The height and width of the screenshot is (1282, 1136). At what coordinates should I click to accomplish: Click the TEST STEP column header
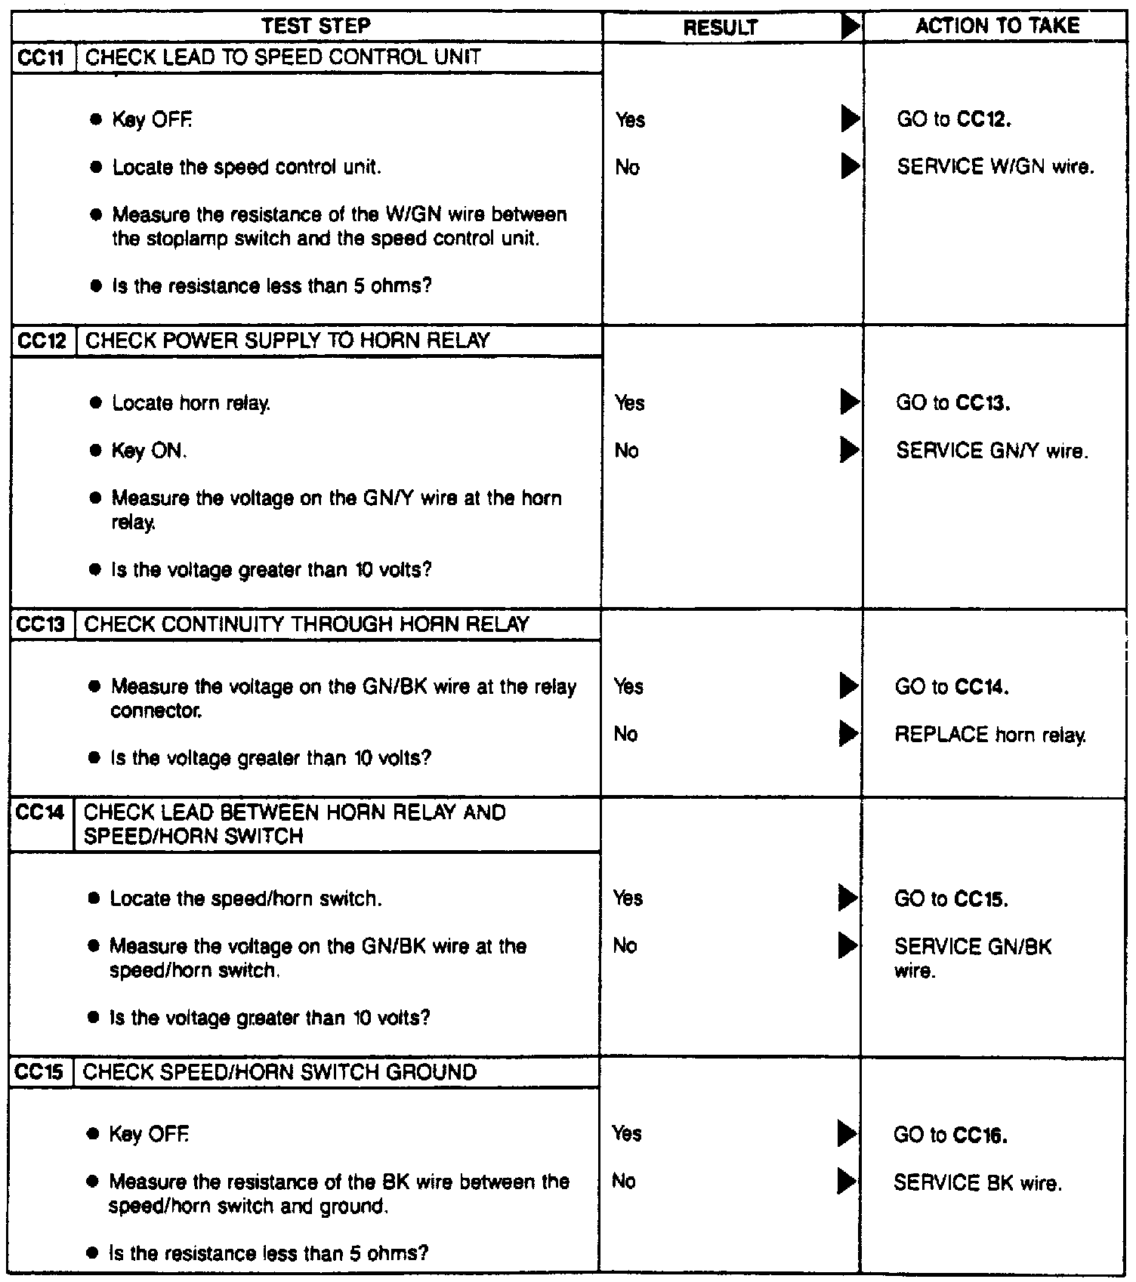point(316,26)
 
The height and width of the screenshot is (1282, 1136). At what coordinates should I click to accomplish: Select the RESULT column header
point(720,28)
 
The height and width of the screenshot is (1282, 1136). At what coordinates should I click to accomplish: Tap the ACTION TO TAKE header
point(997,26)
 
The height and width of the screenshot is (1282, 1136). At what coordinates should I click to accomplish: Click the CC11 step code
point(43,58)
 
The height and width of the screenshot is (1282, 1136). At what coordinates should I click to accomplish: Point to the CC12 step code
point(43,341)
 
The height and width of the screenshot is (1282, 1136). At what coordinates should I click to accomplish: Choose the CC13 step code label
point(42,625)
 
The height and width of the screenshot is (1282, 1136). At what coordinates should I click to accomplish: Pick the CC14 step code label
point(42,813)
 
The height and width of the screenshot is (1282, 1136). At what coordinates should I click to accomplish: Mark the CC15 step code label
point(41,1073)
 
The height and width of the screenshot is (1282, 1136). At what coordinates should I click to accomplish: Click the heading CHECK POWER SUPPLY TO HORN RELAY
point(288,341)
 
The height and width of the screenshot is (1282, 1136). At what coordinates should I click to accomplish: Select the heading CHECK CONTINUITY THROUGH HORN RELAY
point(307,625)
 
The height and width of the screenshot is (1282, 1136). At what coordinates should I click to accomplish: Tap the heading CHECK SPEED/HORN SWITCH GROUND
point(279,1073)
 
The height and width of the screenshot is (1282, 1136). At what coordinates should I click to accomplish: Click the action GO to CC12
point(954,120)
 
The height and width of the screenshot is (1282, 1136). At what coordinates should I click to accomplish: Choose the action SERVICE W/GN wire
point(995,167)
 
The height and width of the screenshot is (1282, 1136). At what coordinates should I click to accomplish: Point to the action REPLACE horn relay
point(990,735)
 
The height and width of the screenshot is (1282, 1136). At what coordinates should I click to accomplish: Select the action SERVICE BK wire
point(977,1182)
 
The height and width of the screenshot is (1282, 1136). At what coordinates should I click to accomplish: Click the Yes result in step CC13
point(628,686)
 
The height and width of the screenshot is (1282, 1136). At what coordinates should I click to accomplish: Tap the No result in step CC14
point(625,946)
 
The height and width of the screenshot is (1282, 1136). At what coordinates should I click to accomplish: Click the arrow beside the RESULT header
point(850,28)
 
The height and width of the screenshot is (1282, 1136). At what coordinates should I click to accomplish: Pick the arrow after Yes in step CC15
point(847,1134)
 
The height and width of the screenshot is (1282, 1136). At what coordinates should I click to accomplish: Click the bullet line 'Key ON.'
point(149,451)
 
